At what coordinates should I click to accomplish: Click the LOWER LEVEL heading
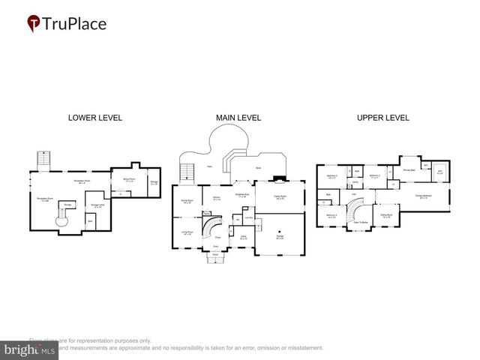95,118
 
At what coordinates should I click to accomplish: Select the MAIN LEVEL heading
238,118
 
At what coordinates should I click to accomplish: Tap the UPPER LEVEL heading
382,118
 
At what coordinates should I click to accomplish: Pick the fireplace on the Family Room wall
279,179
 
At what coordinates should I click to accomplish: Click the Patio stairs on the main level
188,172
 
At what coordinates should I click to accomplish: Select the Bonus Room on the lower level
128,180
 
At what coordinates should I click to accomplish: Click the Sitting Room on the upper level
387,216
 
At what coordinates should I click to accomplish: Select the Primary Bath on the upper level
409,170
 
